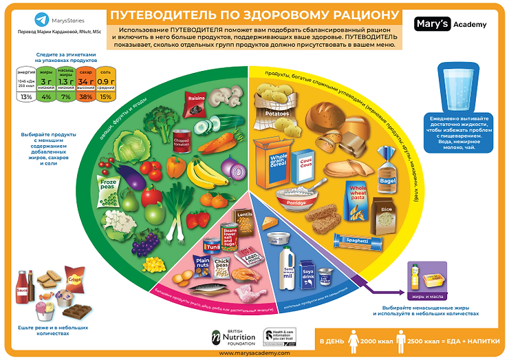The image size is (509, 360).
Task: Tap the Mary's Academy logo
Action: tap(451, 24)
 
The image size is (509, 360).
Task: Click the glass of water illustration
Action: tap(460, 87)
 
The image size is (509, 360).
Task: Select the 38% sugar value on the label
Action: tap(86, 96)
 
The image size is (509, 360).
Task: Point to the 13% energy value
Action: tap(26, 96)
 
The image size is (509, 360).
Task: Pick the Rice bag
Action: tap(386, 213)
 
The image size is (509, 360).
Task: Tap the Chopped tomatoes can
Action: tap(182, 140)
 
